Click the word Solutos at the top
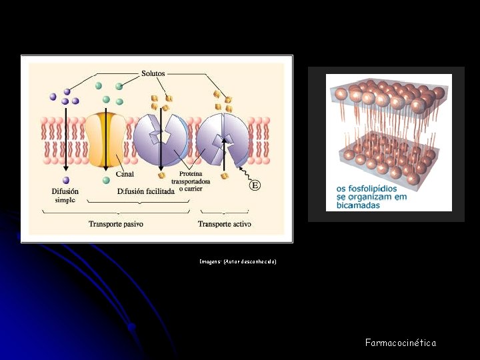click(x=153, y=73)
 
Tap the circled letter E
click(x=254, y=185)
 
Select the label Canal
click(x=125, y=175)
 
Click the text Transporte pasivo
click(x=116, y=224)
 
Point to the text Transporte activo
click(x=224, y=224)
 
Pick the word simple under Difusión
click(x=65, y=200)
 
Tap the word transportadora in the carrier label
click(x=191, y=181)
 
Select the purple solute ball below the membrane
click(x=65, y=180)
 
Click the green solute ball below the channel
click(x=106, y=180)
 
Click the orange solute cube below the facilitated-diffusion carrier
click(x=161, y=175)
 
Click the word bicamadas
click(x=358, y=205)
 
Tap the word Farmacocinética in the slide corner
click(x=401, y=343)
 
